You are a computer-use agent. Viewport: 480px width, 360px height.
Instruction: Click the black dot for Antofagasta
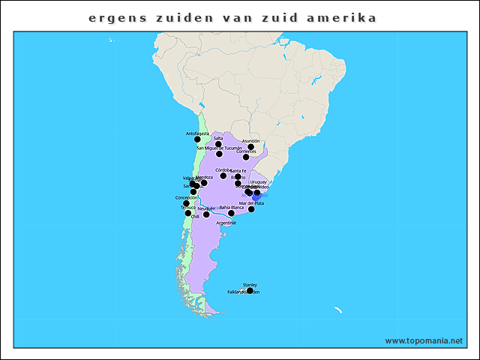[x=197, y=139]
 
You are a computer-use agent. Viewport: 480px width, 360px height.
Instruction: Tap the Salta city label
[x=218, y=138]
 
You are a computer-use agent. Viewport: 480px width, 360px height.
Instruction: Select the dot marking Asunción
[x=251, y=147]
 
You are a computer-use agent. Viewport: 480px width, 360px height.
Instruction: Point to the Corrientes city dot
[x=246, y=157]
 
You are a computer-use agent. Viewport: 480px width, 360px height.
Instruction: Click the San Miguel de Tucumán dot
[x=219, y=154]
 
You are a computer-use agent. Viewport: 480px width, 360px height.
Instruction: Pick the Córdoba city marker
[x=223, y=175]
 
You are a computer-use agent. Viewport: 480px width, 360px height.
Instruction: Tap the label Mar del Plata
[x=251, y=203]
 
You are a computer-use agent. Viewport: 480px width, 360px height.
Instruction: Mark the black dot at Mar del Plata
[x=251, y=209]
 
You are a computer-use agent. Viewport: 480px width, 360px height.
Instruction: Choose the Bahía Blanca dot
[x=231, y=213]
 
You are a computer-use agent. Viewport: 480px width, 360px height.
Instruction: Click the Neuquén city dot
[x=206, y=214]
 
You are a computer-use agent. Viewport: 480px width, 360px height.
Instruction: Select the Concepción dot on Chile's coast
[x=186, y=203]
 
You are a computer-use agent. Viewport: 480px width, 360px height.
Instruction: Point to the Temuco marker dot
[x=188, y=213]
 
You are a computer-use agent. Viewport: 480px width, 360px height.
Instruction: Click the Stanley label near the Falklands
[x=250, y=284]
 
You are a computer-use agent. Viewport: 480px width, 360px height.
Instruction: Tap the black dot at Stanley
[x=250, y=290]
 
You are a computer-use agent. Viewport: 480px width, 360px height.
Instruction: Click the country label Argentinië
[x=226, y=223]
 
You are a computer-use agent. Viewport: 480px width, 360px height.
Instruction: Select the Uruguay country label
[x=259, y=181]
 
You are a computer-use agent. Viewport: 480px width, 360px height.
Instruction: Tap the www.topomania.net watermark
[x=424, y=340]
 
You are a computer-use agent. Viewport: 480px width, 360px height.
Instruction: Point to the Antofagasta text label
[x=197, y=133]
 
